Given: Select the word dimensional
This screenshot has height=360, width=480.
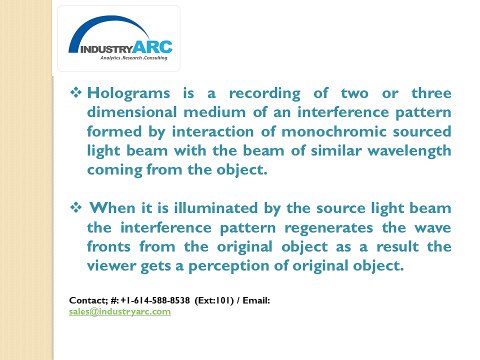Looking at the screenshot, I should point(138,111).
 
